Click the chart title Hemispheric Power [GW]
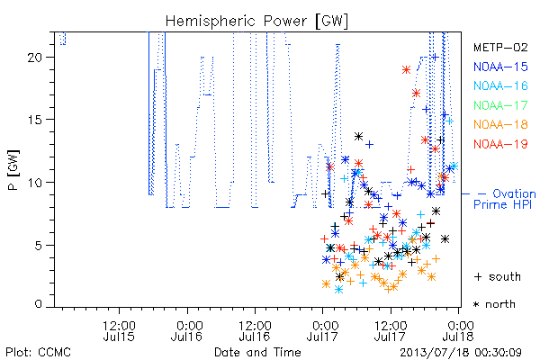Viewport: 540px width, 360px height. click(256, 22)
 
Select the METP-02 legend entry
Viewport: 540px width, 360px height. click(500, 47)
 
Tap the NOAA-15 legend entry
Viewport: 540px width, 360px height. click(500, 67)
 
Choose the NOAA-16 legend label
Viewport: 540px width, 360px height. click(500, 85)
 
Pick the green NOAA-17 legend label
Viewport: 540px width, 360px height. click(500, 105)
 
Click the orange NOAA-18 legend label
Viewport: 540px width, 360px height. click(500, 124)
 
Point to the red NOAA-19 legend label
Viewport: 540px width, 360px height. click(500, 144)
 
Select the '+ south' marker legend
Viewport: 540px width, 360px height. click(498, 276)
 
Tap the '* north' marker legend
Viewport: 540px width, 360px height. click(494, 304)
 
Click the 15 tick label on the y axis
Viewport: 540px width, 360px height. click(35, 120)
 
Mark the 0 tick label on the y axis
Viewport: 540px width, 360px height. click(39, 304)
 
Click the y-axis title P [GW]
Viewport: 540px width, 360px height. click(13, 170)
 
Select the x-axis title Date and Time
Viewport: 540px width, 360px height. click(257, 352)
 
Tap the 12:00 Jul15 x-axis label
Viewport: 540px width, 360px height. click(119, 331)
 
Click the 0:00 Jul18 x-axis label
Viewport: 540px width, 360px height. click(458, 331)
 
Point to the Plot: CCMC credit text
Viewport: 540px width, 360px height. click(38, 353)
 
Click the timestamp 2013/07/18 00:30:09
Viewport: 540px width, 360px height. click(461, 353)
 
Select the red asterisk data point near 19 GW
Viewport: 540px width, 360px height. click(407, 70)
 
